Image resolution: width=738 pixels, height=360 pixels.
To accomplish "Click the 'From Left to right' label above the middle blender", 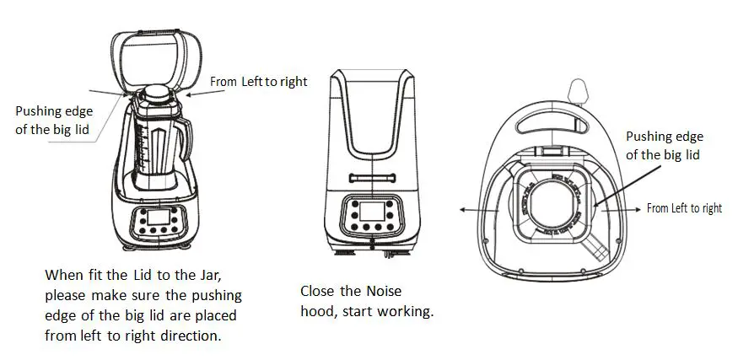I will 258,82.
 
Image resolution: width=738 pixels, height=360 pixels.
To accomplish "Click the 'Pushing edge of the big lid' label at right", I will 664,146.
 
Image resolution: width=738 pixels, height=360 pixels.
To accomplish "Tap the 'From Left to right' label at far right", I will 684,208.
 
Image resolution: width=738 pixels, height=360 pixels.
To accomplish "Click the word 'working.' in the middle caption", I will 407,312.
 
